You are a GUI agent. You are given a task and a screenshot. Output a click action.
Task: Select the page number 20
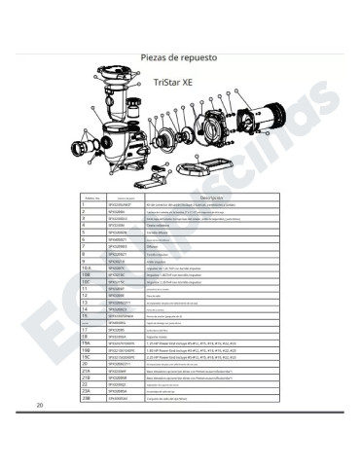click(39, 430)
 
